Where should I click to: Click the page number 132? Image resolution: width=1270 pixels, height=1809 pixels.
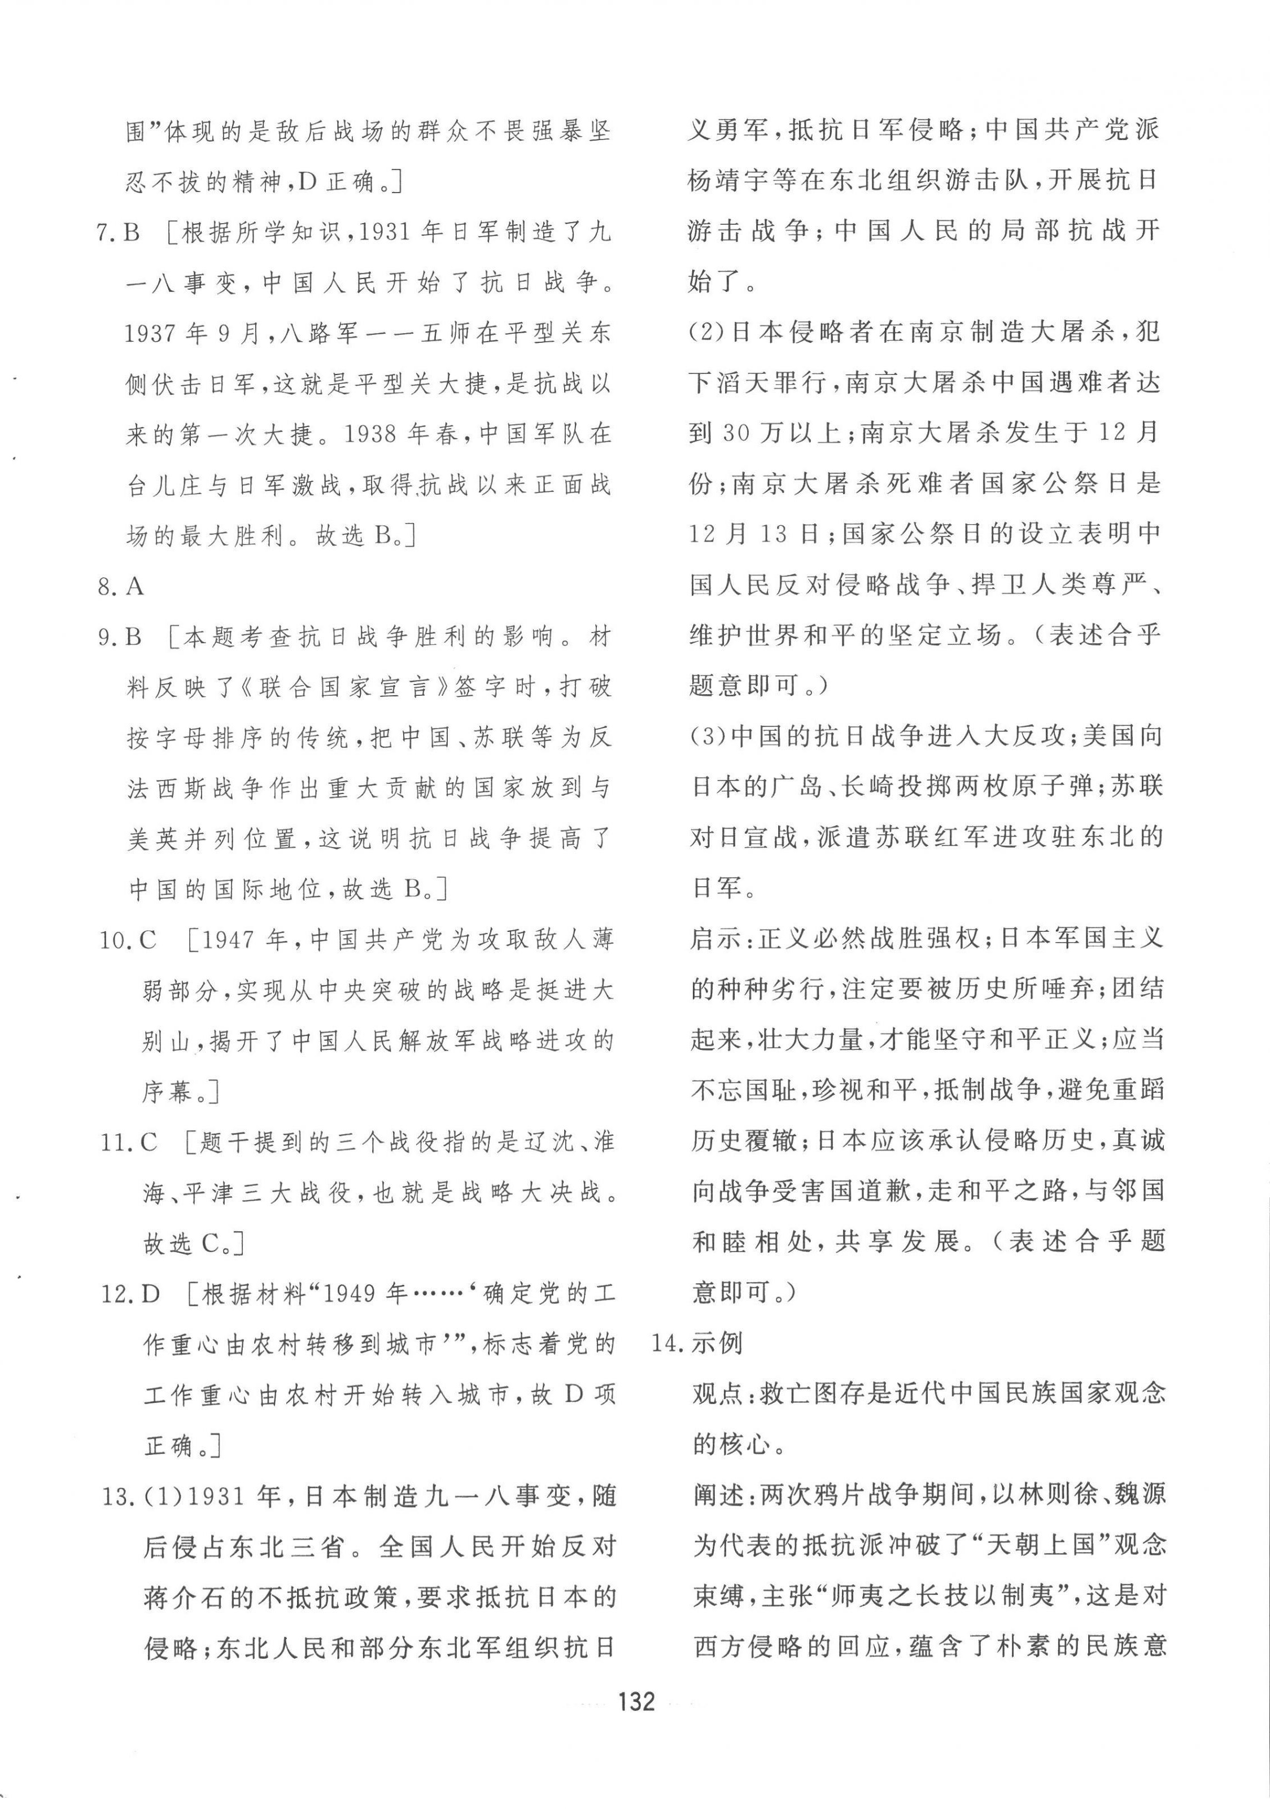636,1701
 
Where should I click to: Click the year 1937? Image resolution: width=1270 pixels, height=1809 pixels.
151,333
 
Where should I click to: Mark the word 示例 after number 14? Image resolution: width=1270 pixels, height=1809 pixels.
717,1342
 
